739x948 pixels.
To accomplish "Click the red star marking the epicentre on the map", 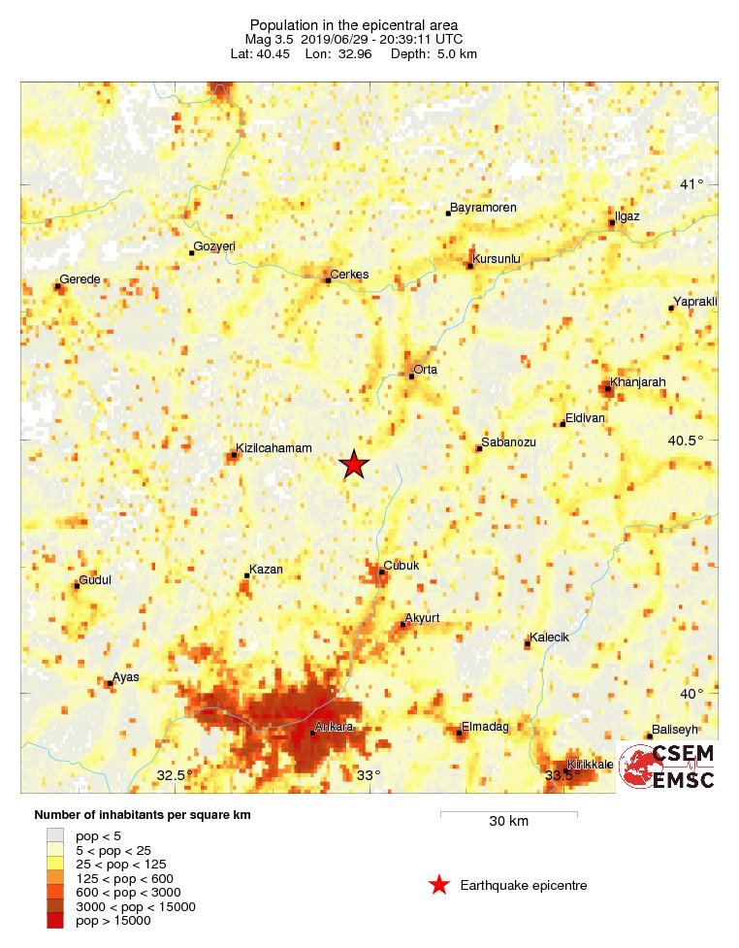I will click(354, 465).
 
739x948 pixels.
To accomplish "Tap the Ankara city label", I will click(335, 727).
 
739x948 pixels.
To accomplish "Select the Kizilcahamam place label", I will click(274, 448).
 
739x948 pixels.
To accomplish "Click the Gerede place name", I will click(80, 279).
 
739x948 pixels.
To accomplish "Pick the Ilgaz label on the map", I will click(627, 215).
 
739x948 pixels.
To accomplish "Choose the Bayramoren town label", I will click(485, 208).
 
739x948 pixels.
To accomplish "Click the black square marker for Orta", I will click(411, 376).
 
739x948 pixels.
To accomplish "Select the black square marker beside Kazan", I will click(246, 576).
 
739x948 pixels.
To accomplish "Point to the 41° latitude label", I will click(692, 184).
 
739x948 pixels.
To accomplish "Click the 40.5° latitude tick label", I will click(687, 441).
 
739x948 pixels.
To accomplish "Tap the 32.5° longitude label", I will click(171, 775).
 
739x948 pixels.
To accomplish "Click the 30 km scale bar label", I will click(508, 822).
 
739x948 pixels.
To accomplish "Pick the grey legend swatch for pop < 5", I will click(55, 835).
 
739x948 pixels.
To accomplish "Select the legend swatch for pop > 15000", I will click(55, 921).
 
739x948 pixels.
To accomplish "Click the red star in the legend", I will click(439, 885).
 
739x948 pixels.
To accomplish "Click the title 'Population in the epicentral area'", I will click(354, 24).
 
